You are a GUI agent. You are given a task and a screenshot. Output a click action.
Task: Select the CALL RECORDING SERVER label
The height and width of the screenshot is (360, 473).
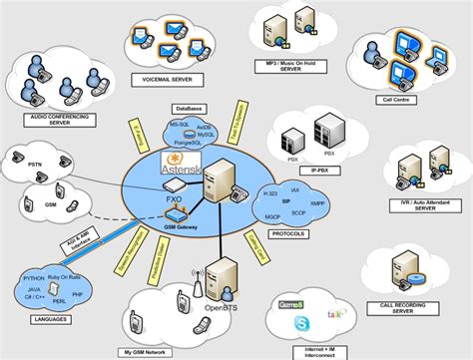(x=416, y=313)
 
